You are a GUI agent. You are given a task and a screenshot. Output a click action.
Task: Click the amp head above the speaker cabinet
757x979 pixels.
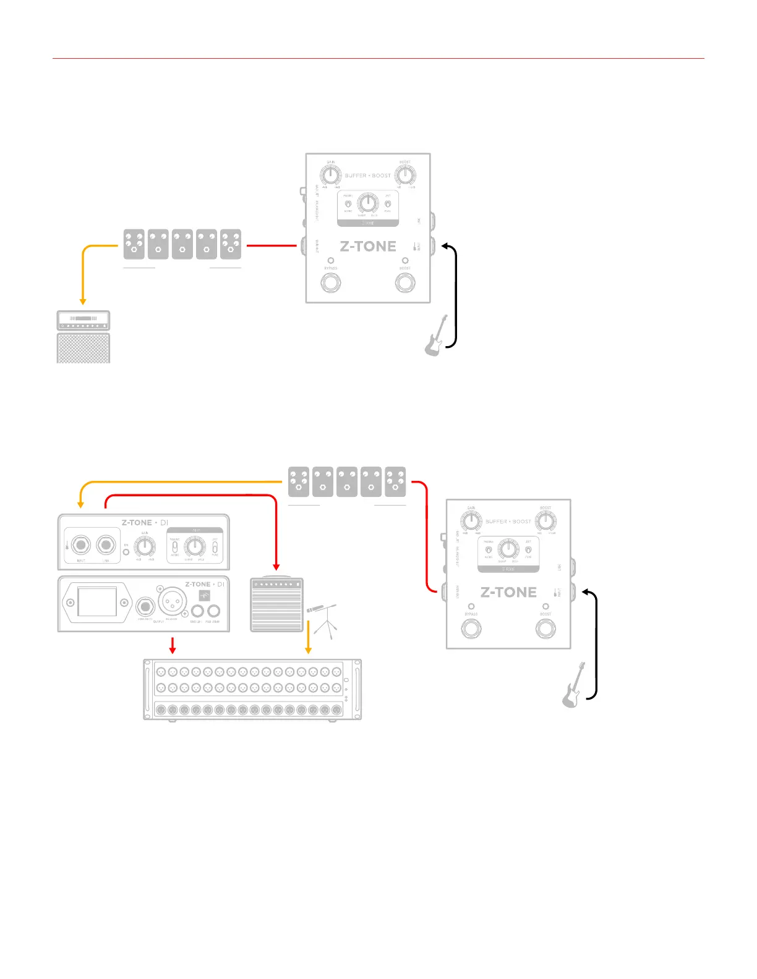click(83, 320)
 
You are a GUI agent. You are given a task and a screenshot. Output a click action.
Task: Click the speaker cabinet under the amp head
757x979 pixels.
click(83, 348)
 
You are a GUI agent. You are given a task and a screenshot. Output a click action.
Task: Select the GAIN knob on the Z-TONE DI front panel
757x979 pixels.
click(145, 546)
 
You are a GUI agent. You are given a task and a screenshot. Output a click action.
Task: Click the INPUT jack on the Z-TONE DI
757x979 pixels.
click(81, 546)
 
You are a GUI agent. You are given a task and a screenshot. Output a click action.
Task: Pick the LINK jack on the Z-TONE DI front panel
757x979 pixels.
click(106, 546)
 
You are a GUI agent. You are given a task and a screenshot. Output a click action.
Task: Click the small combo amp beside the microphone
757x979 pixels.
click(276, 605)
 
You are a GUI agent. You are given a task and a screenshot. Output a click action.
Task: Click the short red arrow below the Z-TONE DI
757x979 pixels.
click(173, 645)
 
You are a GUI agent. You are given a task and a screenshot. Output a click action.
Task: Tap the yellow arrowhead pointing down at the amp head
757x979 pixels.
click(83, 301)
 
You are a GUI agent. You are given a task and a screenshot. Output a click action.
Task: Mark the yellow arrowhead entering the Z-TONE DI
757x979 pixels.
click(80, 504)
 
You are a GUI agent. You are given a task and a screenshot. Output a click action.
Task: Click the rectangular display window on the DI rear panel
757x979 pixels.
click(97, 601)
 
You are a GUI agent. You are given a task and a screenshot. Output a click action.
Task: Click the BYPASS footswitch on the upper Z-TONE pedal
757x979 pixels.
click(331, 283)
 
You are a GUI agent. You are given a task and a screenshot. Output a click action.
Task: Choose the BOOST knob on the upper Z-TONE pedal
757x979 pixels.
click(405, 176)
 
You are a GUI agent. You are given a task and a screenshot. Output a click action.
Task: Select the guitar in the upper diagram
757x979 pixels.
click(436, 336)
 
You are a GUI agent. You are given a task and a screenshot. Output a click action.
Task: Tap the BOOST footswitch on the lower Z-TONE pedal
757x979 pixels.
click(545, 629)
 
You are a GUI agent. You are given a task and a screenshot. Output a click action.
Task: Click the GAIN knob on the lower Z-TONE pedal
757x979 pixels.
click(471, 521)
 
